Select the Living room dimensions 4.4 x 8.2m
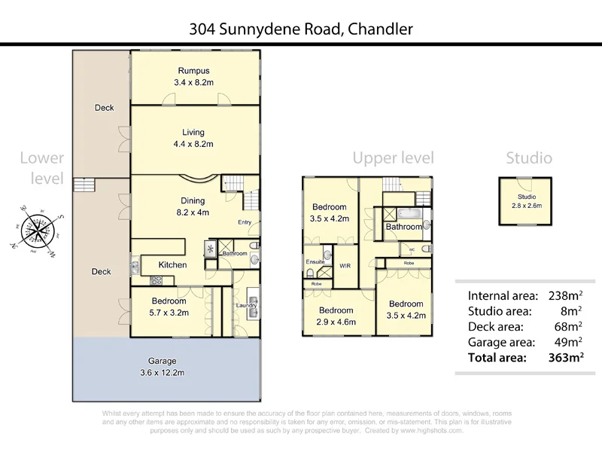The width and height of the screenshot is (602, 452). pos(193,143)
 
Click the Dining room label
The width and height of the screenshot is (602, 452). pos(193,201)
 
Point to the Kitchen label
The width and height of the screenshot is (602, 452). pos(172,264)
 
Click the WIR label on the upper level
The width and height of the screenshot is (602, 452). pos(345,266)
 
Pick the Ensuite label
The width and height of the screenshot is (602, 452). pos(315,261)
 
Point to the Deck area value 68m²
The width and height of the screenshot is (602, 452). pos(570,326)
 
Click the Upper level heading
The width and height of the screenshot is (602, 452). pos(394,157)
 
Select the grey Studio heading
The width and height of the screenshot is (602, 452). pos(528,157)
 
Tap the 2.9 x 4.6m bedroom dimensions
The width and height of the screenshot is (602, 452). pos(336,322)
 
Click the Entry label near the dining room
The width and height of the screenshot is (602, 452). pos(245,221)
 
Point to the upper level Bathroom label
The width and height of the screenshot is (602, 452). pos(404,227)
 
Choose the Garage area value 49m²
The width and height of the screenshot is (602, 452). pos(570,342)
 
